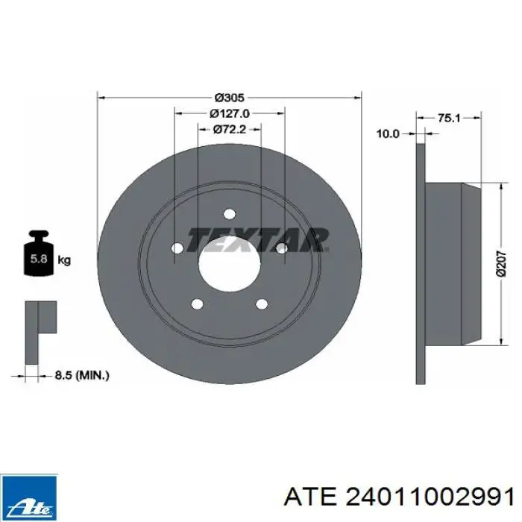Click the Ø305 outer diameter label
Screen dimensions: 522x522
pyautogui.click(x=230, y=98)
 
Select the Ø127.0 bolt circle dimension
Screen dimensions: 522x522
pyautogui.click(x=230, y=113)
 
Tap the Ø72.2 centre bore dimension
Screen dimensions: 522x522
pyautogui.click(x=230, y=129)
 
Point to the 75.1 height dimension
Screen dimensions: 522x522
pyautogui.click(x=449, y=118)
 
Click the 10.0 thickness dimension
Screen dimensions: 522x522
pyautogui.click(x=388, y=133)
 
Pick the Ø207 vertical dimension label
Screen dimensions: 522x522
pyautogui.click(x=500, y=264)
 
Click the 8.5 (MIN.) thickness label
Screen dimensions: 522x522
pyautogui.click(x=82, y=376)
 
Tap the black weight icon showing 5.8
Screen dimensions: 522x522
pyautogui.click(x=39, y=253)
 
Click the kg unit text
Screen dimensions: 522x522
pyautogui.click(x=64, y=260)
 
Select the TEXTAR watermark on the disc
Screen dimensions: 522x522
pyautogui.click(x=258, y=239)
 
